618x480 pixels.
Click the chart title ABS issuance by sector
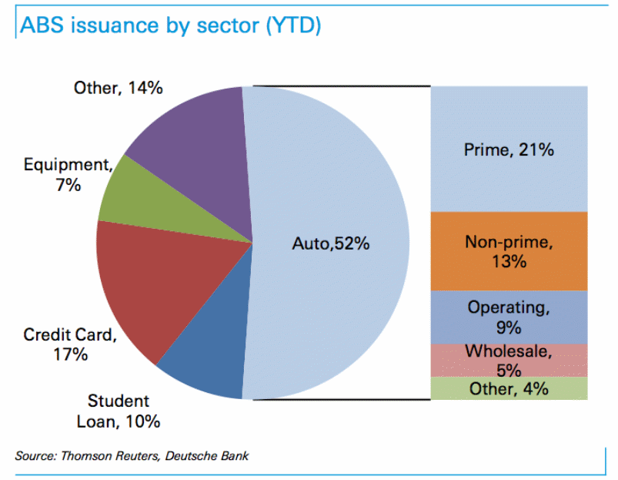pyautogui.click(x=169, y=25)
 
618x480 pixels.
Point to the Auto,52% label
pyautogui.click(x=331, y=243)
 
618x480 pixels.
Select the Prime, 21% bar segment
pyautogui.click(x=509, y=149)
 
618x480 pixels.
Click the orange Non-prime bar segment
pyautogui.click(x=509, y=251)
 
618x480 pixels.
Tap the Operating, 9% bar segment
pyautogui.click(x=509, y=317)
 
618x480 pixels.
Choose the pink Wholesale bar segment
pyautogui.click(x=509, y=360)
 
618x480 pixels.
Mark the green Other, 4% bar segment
pyautogui.click(x=509, y=388)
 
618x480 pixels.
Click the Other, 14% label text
pyautogui.click(x=118, y=88)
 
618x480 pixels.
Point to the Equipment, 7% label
pyautogui.click(x=68, y=175)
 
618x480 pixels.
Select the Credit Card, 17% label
pyautogui.click(x=69, y=344)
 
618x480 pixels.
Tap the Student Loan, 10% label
pyautogui.click(x=119, y=411)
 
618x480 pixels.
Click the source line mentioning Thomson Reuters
pyautogui.click(x=131, y=456)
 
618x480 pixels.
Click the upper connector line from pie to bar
pyautogui.click(x=339, y=86)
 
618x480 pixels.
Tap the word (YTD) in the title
pyautogui.click(x=292, y=25)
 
